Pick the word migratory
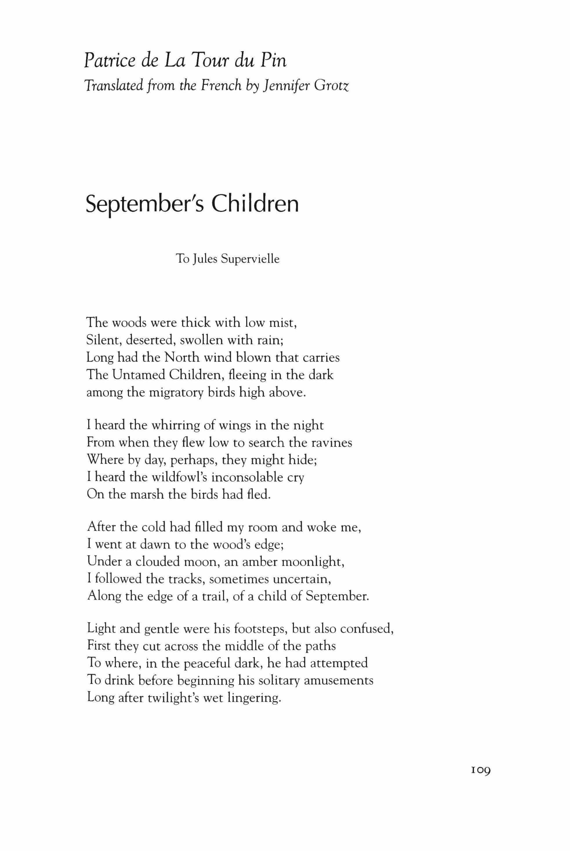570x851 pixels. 174,393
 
